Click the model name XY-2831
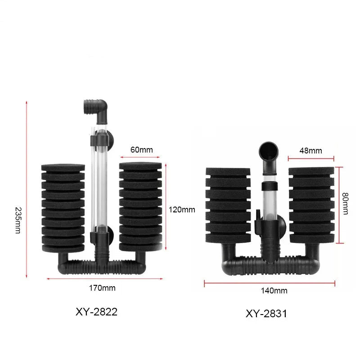[266, 314]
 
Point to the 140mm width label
[274, 291]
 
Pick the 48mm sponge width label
[311, 151]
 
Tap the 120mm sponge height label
[182, 209]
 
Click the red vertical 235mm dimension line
[27, 189]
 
